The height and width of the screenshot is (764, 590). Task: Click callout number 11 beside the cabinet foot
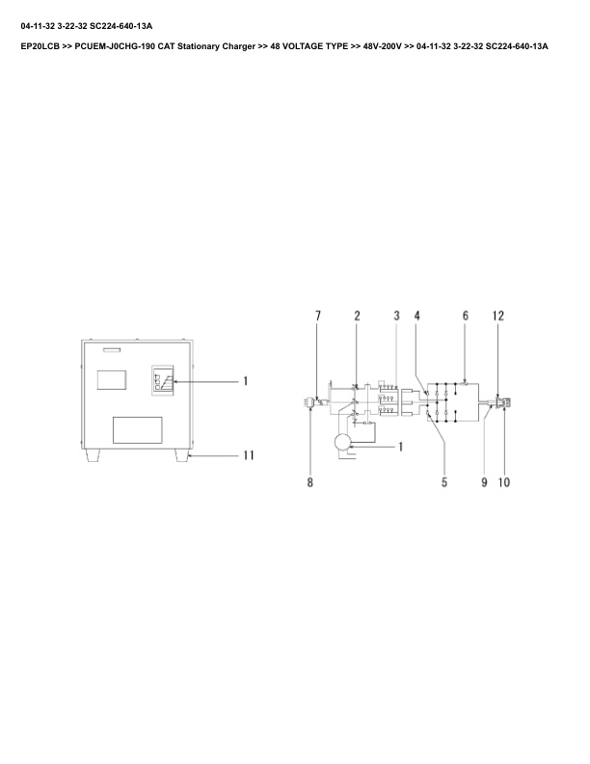247,454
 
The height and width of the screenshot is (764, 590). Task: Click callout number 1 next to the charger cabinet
245,382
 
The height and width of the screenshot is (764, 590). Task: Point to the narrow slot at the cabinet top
113,348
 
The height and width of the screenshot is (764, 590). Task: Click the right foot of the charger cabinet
181,456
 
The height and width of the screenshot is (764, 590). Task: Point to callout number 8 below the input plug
310,482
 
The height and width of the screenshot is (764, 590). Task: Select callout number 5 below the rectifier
444,482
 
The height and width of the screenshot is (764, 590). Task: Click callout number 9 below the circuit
483,482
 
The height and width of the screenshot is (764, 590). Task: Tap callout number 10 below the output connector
503,482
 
